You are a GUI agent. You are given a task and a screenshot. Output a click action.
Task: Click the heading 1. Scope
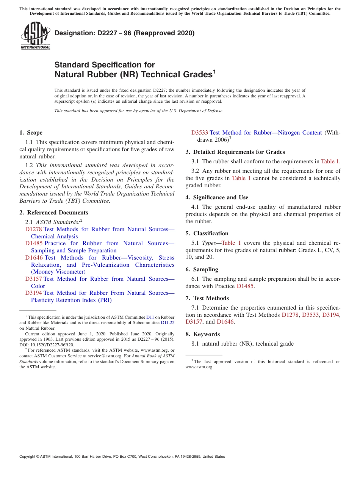click(31, 133)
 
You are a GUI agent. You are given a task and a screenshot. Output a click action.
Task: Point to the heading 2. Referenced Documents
click(53, 213)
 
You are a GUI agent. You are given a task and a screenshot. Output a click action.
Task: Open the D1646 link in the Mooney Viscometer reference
click(34, 258)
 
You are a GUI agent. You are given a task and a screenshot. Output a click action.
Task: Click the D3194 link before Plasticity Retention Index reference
click(34, 293)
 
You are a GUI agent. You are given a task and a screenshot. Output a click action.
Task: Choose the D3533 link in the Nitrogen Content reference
click(199, 133)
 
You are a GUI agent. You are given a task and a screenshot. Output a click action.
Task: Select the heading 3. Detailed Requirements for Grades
click(235, 152)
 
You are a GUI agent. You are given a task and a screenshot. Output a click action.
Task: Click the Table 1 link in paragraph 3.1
click(330, 161)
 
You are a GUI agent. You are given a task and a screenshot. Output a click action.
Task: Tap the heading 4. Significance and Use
click(217, 197)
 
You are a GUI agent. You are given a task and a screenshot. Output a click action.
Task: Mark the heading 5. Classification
click(207, 233)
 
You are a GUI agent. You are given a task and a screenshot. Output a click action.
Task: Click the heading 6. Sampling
click(202, 269)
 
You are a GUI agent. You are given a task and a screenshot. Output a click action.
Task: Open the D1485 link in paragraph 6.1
click(245, 286)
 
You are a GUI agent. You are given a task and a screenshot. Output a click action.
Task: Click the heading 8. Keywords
click(202, 334)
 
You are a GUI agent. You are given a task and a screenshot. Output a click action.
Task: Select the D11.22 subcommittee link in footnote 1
click(167, 323)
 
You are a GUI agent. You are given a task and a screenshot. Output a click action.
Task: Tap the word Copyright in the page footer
click(28, 457)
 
